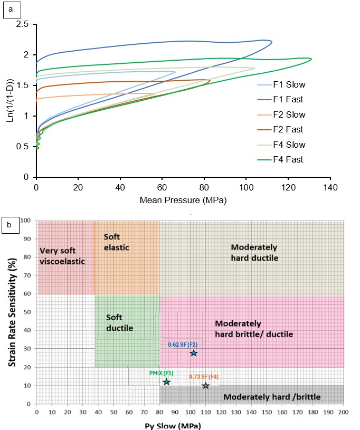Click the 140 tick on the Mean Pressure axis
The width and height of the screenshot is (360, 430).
click(x=330, y=187)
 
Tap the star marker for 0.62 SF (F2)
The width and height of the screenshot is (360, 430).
click(x=194, y=353)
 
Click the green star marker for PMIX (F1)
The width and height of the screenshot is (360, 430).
click(x=167, y=381)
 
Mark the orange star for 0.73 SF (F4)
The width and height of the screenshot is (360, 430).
click(x=205, y=386)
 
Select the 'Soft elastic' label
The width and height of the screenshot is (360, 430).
click(x=117, y=242)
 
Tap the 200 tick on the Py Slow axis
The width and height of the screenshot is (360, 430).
click(x=344, y=412)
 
